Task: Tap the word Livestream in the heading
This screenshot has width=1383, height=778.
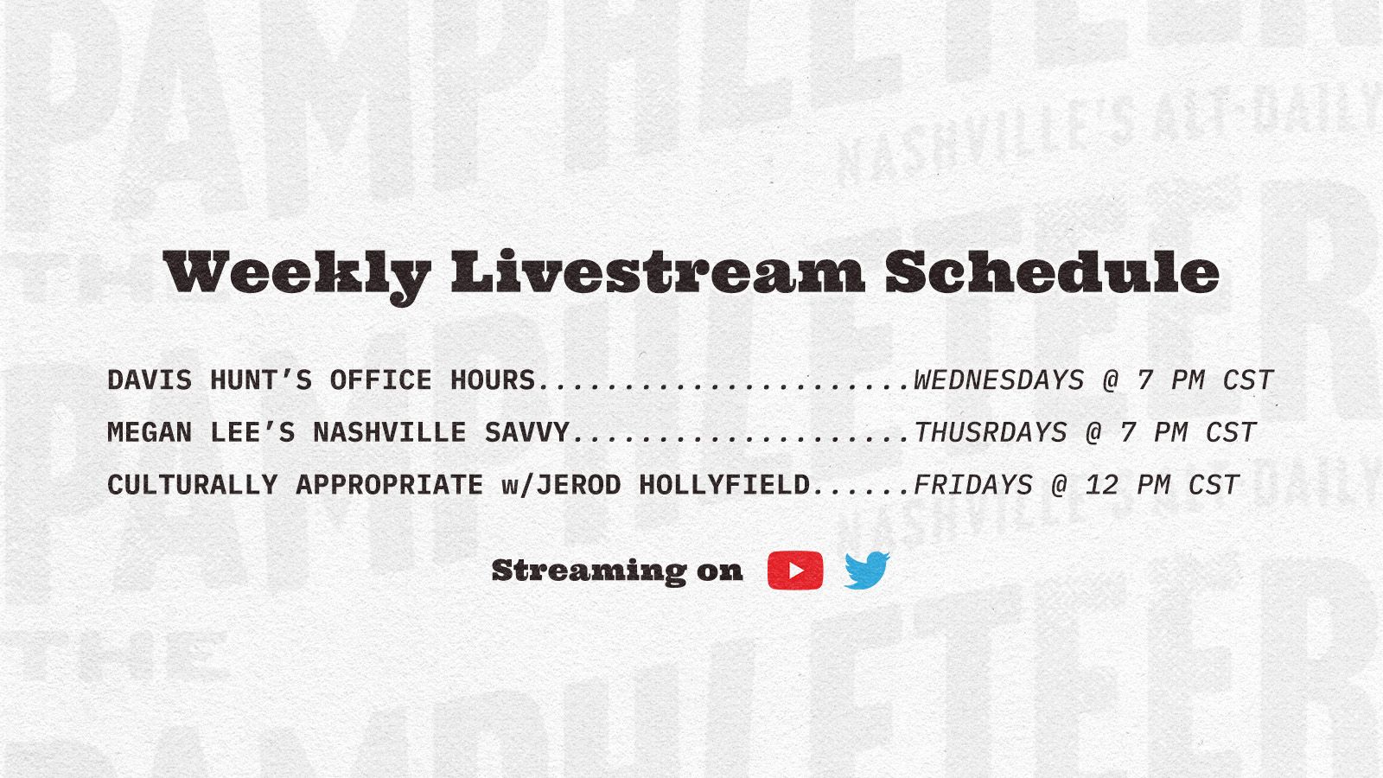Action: pyautogui.click(x=658, y=271)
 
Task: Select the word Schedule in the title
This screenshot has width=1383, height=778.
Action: pyautogui.click(x=1052, y=271)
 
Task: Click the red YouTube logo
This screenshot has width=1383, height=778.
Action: pyautogui.click(x=795, y=571)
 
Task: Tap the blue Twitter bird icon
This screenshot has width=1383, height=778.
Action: pyautogui.click(x=867, y=570)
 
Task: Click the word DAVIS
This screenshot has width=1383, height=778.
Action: pyautogui.click(x=150, y=379)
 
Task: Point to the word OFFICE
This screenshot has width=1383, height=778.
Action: pyautogui.click(x=381, y=379)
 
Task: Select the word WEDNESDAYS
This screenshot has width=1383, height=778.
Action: pyautogui.click(x=998, y=379)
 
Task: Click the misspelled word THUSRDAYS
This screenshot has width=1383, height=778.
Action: pyautogui.click(x=990, y=432)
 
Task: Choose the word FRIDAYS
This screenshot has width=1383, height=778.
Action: pyautogui.click(x=973, y=485)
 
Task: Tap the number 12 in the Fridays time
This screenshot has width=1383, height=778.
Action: pyautogui.click(x=1102, y=485)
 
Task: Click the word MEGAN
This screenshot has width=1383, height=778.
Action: pyautogui.click(x=150, y=432)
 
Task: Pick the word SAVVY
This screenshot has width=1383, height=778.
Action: pyautogui.click(x=526, y=432)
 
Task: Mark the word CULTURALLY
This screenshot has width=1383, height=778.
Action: pyautogui.click(x=193, y=485)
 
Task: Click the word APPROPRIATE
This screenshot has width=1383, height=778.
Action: pyautogui.click(x=390, y=485)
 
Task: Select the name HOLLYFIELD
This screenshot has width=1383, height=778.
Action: pyautogui.click(x=724, y=485)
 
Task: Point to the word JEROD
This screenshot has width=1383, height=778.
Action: pyautogui.click(x=578, y=485)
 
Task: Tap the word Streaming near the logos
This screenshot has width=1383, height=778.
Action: pyautogui.click(x=589, y=571)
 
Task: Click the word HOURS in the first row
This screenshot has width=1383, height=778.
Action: pyautogui.click(x=493, y=379)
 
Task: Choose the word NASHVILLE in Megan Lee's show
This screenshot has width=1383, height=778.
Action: pyautogui.click(x=390, y=432)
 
